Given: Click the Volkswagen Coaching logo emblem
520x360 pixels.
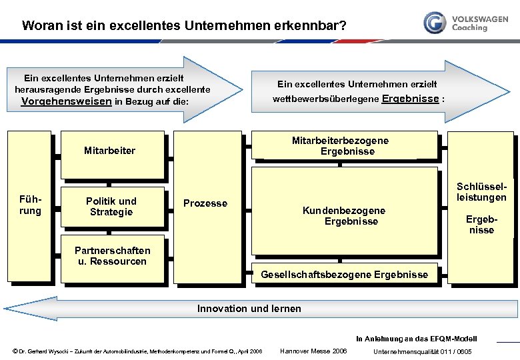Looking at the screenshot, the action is [x=435, y=22].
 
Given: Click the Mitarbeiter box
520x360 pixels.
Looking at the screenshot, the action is [x=110, y=151].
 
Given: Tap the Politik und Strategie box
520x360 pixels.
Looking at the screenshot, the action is [x=111, y=207].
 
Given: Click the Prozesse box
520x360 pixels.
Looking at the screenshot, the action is [x=205, y=203].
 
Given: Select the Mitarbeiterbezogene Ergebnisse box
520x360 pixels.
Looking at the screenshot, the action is [x=340, y=146].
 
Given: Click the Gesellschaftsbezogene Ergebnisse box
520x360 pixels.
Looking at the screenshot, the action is [x=344, y=275].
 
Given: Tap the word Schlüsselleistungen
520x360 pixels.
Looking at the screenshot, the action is [x=481, y=192].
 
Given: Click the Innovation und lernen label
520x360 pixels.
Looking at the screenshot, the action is [x=249, y=309].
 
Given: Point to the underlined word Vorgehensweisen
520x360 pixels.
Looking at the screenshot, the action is [x=67, y=102].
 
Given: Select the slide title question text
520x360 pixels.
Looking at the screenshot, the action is [x=184, y=27].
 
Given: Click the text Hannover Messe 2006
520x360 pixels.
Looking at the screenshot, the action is [x=313, y=351].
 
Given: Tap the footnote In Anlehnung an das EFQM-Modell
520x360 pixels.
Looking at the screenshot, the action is [x=417, y=339].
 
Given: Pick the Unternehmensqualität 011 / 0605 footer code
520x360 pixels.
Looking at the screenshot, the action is [x=423, y=351].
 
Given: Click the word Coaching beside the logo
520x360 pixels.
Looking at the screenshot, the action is [x=469, y=28].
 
